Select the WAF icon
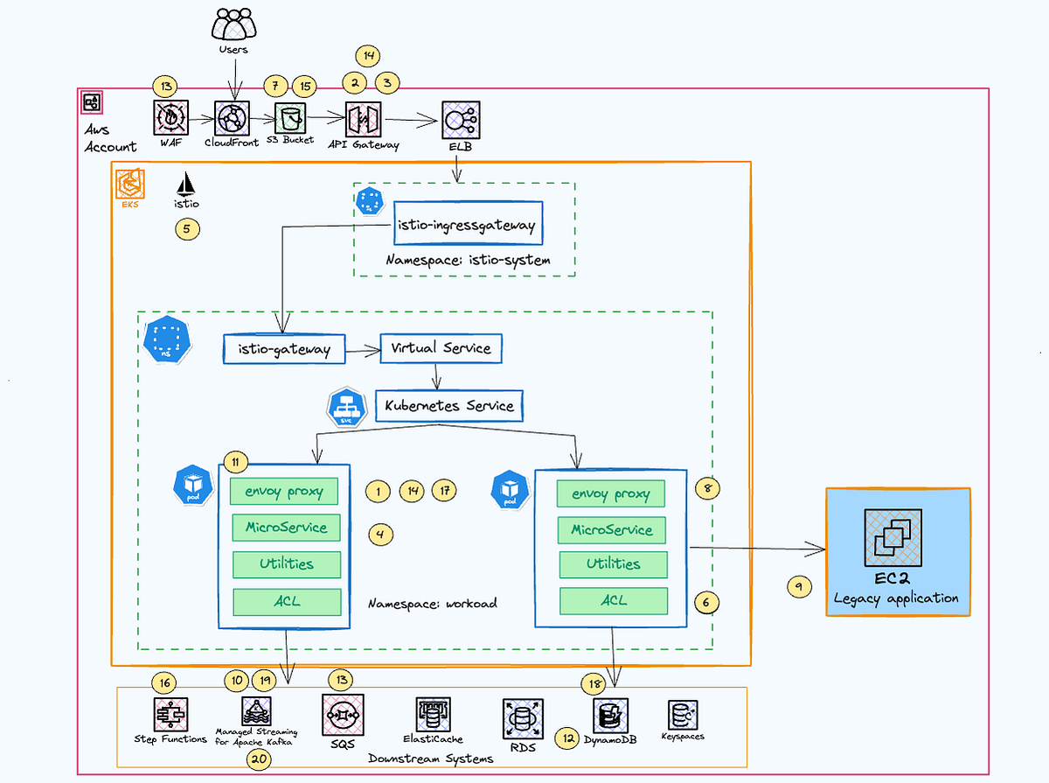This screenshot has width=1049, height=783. point(170,116)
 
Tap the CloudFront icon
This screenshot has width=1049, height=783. point(233,117)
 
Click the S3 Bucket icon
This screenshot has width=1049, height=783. point(289,116)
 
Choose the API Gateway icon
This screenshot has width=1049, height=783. point(363,118)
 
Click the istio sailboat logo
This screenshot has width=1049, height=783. point(187,184)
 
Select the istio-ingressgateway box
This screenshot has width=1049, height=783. point(465,226)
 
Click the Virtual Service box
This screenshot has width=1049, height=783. point(441,348)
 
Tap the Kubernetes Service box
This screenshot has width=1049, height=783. point(449,406)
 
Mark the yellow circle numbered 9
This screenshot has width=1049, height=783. point(799,587)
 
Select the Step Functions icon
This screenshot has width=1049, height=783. point(170,715)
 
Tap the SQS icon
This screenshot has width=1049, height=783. point(340,715)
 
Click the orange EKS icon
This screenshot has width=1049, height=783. point(130,185)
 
